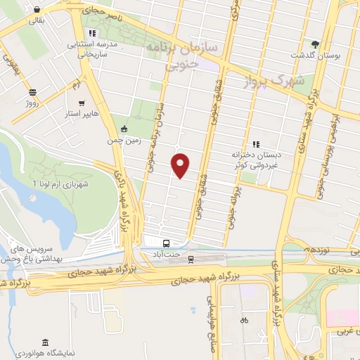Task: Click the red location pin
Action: coord(181,165)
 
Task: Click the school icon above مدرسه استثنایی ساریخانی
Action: coord(94,33)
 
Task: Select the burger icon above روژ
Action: coord(32,92)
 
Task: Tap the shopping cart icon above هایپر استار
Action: coord(82,102)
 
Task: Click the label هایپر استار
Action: coord(82,113)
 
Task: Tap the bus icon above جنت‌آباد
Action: coord(165,244)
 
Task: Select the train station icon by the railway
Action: coord(191,259)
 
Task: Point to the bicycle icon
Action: coord(244,320)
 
